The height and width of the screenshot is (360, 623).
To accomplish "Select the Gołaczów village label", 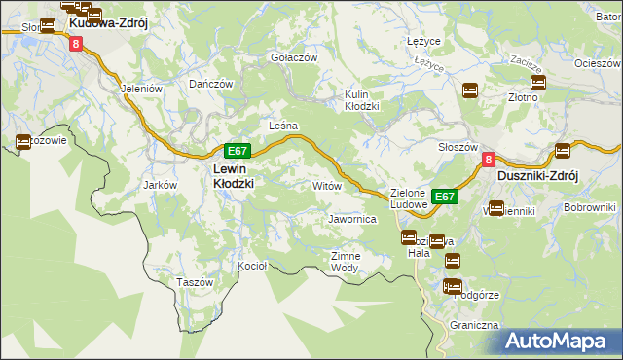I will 294,57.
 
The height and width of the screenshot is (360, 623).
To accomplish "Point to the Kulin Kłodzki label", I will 361,100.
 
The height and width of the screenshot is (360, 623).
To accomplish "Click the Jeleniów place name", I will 139,87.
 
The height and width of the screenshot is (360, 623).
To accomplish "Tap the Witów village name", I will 325,185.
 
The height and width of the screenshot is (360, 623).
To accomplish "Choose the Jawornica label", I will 352,220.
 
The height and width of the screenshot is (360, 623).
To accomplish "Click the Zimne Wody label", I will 346,261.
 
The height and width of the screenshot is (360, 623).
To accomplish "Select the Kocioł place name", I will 253,265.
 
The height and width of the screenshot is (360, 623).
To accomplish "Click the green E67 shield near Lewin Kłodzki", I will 238,151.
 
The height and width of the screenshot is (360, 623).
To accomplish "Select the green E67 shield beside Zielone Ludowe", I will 445,197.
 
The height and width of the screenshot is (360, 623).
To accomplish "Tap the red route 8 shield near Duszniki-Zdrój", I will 489,161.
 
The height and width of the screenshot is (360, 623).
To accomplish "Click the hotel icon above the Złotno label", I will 537,84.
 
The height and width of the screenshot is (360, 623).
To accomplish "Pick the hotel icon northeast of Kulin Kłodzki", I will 469,90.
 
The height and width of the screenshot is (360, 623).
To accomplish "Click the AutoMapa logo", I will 561,341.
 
